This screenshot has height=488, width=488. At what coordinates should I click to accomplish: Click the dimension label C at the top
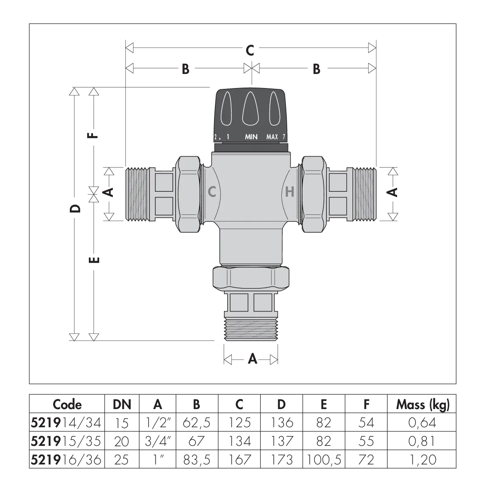(x=250, y=50)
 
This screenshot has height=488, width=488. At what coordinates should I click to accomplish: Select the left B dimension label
(x=186, y=69)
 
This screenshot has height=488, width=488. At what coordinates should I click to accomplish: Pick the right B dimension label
(x=317, y=69)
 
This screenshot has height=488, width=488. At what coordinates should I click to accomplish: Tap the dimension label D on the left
(x=75, y=208)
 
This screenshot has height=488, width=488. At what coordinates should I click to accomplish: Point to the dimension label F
(x=94, y=136)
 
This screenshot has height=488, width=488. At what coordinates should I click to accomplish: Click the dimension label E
(x=94, y=259)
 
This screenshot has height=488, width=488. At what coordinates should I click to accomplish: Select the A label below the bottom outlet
(x=252, y=359)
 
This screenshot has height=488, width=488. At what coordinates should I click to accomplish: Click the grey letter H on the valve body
(x=290, y=192)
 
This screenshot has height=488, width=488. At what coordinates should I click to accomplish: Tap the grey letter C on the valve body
(x=212, y=192)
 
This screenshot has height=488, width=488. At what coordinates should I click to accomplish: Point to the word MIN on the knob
(x=251, y=137)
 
